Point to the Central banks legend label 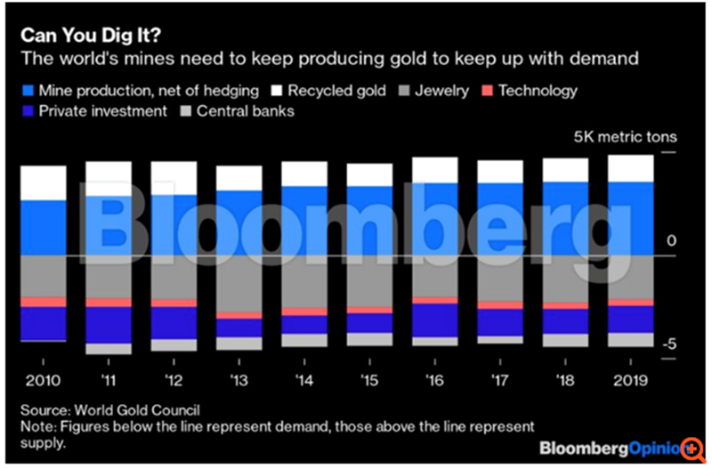click(244, 112)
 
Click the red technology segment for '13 click(239, 315)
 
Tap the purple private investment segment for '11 click(109, 325)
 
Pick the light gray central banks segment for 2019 click(630, 340)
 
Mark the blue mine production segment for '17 click(500, 219)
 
